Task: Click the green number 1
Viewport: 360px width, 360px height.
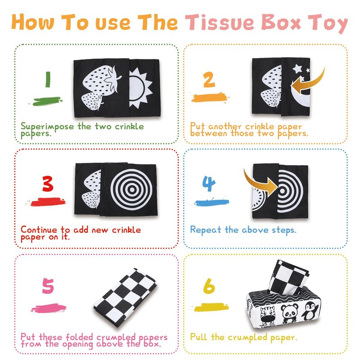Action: (x=48, y=79)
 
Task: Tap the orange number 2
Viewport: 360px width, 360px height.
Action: (x=209, y=80)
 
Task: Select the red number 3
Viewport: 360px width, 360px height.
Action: (x=48, y=184)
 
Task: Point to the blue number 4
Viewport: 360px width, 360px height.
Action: (x=209, y=184)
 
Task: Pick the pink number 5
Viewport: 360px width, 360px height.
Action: (x=48, y=286)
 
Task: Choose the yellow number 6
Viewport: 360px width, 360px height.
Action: (x=209, y=286)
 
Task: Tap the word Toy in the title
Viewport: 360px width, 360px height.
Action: (x=328, y=24)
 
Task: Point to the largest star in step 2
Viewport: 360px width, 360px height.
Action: (x=297, y=68)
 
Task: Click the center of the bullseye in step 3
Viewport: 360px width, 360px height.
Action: (x=131, y=189)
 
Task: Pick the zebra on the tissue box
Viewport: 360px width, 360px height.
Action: (x=268, y=316)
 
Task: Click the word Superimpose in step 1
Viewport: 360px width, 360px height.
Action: (x=47, y=127)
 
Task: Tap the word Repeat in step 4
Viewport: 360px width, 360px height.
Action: (x=206, y=230)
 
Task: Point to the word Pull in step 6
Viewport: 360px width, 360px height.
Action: (x=198, y=337)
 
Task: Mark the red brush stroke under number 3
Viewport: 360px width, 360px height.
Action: (x=47, y=202)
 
